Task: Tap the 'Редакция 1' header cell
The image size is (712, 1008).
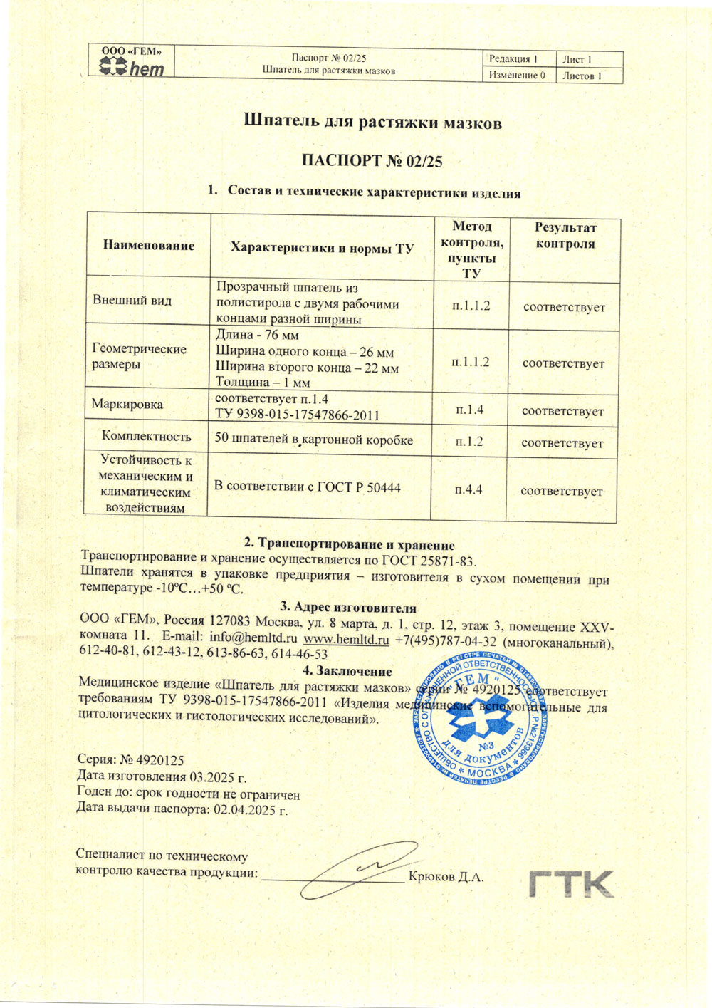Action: point(513,59)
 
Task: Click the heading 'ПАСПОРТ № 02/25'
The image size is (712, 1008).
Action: point(372,160)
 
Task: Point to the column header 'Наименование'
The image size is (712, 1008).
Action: point(148,246)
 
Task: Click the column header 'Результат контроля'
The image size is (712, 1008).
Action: point(565,236)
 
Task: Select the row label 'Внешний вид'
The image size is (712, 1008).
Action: point(132,300)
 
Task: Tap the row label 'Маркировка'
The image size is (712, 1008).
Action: point(127,404)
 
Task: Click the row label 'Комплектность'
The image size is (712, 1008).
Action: point(146,436)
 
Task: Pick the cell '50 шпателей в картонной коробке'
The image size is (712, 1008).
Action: point(313,440)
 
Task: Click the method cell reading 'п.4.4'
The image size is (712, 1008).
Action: point(468,489)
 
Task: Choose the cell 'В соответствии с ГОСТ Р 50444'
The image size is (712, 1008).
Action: point(307,487)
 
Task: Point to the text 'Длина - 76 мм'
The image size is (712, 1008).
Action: point(257,335)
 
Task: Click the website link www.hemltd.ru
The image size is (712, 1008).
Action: point(346,639)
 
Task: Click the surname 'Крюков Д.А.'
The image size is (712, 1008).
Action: point(446,877)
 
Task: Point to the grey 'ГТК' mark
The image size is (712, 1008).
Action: point(571,883)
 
